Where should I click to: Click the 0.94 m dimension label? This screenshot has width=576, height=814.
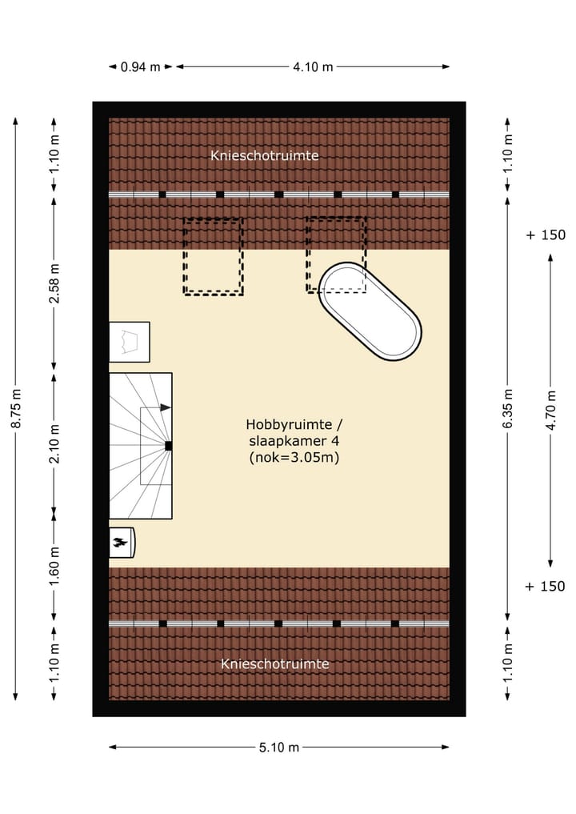coord(140,67)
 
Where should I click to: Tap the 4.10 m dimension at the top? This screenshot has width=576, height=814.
coord(313,67)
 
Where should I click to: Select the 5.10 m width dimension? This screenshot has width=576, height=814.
coord(279,748)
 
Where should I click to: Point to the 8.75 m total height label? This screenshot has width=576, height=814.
coord(16,408)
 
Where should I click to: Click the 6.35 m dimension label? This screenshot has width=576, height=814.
coord(508,408)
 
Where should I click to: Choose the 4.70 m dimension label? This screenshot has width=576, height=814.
coord(551,410)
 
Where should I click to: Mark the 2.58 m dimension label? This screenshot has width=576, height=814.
coord(54,283)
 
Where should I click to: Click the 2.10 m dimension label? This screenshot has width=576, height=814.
coord(54,444)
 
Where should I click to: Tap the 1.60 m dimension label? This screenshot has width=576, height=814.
coord(54,566)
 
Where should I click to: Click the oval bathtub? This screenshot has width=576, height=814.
coord(370,311)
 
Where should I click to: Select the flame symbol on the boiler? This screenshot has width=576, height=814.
coord(120,543)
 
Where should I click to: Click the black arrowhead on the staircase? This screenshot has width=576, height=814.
coord(166,407)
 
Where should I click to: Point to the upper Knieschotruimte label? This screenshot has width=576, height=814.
coord(265,155)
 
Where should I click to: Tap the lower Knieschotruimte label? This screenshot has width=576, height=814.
coord(275,664)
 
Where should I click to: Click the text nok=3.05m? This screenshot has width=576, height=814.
coord(294,457)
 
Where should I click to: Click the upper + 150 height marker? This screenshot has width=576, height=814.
coord(546,235)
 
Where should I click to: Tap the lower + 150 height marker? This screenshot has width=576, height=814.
coord(545,587)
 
